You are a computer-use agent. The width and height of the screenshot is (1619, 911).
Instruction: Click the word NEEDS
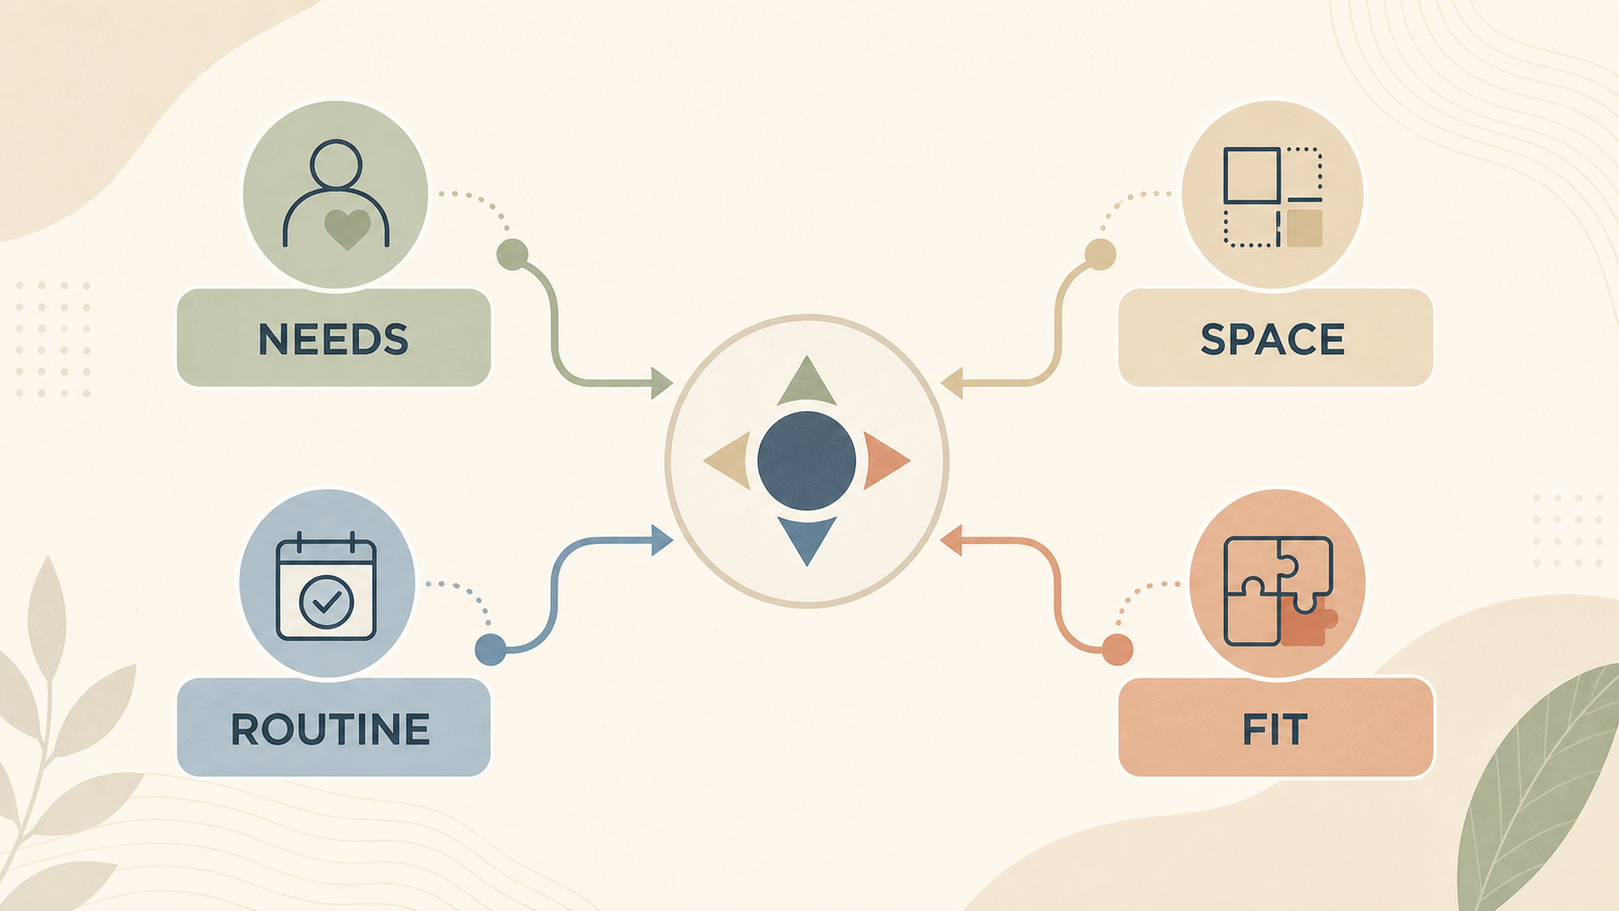coord(333,339)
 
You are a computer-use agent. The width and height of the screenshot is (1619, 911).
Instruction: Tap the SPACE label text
coord(1272,339)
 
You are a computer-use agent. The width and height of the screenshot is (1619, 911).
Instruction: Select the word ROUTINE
coord(330,729)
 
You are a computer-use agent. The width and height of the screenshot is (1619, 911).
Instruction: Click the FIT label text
coord(1274,729)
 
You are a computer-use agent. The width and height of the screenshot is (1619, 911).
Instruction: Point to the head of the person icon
coord(336,165)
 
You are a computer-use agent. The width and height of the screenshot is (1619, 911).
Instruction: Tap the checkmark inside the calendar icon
coord(326,601)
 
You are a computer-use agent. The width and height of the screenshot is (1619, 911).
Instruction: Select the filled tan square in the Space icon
coord(1305,228)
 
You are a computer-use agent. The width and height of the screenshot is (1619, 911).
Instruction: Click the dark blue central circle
coord(807,461)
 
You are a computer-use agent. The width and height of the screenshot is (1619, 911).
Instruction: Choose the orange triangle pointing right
coord(885,461)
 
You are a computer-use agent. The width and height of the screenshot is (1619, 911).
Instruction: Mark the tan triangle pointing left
coord(728,461)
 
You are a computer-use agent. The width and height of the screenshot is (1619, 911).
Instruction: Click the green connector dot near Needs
coord(512,255)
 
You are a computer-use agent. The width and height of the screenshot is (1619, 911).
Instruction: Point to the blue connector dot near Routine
coord(490,649)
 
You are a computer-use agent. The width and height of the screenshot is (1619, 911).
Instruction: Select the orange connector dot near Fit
coord(1117,649)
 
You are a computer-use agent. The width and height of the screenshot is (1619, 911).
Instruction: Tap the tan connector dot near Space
coord(1100,255)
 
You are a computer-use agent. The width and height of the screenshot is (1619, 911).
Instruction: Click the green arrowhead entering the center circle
coord(660,383)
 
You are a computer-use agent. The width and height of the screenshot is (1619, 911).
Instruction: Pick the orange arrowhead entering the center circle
coord(951,540)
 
